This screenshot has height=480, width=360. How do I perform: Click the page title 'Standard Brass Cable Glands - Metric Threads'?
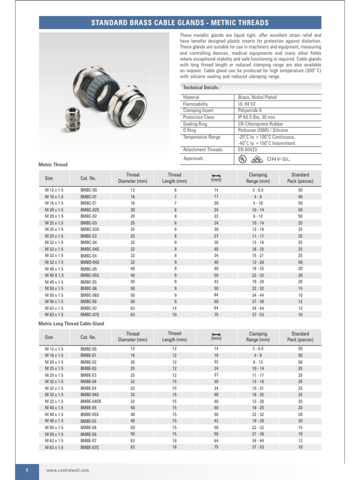pyautogui.click(x=180, y=23)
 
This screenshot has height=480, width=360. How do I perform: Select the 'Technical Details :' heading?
pyautogui.click(x=202, y=88)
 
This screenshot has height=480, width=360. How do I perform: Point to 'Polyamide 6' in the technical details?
pyautogui.click(x=251, y=111)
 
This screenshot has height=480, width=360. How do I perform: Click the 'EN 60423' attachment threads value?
pyautogui.click(x=248, y=150)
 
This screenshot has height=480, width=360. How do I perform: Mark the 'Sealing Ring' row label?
pyautogui.click(x=196, y=124)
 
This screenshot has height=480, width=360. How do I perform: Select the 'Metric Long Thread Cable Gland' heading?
pyautogui.click(x=71, y=323)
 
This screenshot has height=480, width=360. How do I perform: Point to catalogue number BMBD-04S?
pyautogui.click(x=90, y=262)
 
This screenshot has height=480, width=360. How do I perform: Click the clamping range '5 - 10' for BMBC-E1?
pyautogui.click(x=258, y=203)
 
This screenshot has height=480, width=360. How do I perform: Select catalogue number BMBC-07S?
pyautogui.click(x=90, y=315)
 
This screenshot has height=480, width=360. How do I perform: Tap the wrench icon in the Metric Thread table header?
pyautogui.click(x=216, y=176)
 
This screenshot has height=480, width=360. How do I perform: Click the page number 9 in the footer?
pyautogui.click(x=27, y=470)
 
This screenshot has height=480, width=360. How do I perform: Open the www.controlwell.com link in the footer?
pyautogui.click(x=67, y=470)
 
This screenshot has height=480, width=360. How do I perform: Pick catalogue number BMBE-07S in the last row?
pyautogui.click(x=90, y=447)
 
